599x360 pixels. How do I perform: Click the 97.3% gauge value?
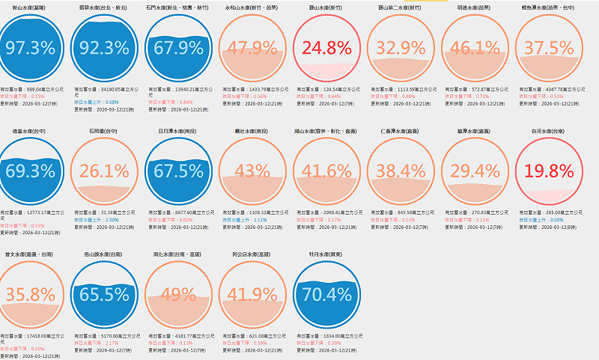31,48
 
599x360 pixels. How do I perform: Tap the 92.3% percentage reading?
104,48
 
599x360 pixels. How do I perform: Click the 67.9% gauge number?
178,48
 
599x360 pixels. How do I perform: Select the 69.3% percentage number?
31,171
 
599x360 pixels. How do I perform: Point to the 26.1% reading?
104,171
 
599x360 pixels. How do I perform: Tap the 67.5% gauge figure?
178,171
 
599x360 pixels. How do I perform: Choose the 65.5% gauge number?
104,294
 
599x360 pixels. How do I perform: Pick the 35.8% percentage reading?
31,294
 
